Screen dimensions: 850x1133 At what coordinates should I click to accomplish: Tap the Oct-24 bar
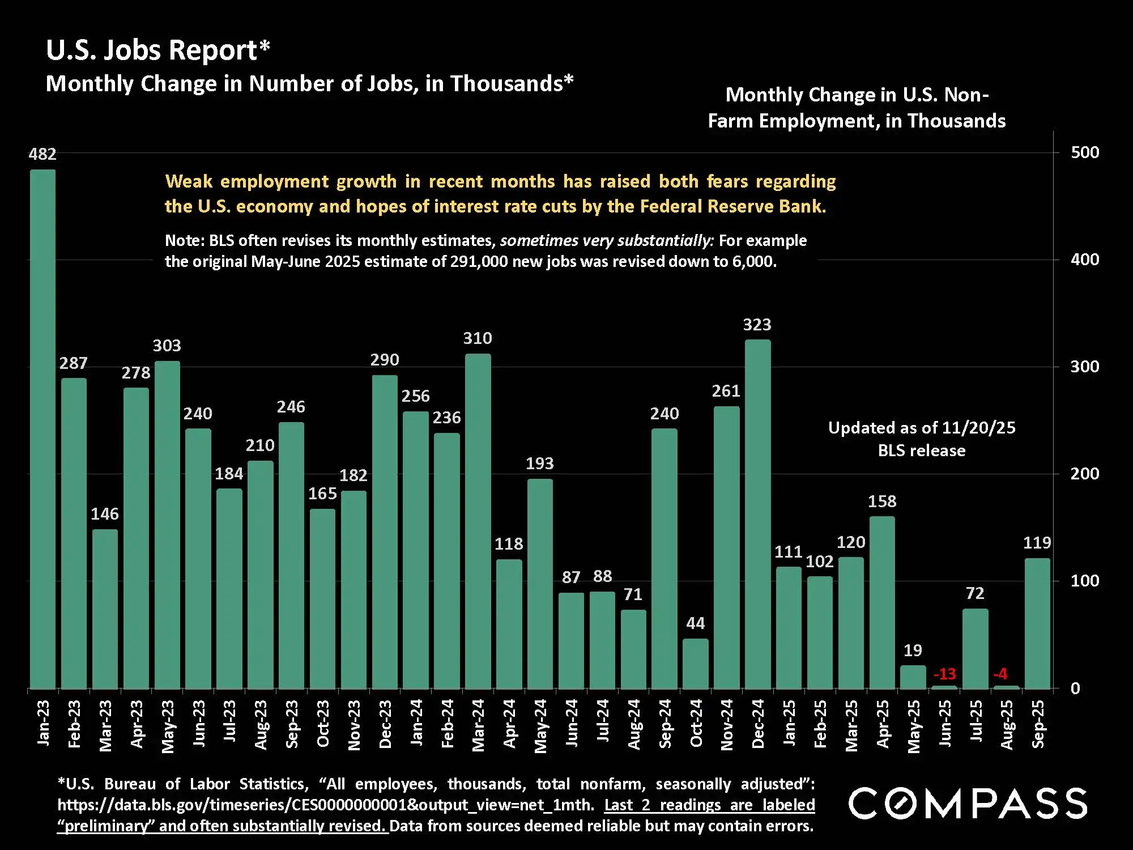point(695,664)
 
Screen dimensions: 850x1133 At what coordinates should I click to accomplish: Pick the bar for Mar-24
point(478,521)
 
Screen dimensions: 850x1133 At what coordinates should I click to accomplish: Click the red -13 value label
point(944,674)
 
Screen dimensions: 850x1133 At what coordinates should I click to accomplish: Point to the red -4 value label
point(1000,674)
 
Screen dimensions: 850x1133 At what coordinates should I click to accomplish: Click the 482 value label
point(42,154)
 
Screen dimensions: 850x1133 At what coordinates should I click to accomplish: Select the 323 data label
point(757,325)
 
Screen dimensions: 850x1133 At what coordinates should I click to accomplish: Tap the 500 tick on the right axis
point(1084,152)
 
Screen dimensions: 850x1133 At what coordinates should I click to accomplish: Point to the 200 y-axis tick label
point(1084,474)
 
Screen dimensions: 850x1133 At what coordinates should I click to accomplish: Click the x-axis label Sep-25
point(1038,724)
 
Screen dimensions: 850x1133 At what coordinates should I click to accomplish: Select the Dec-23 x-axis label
point(385,724)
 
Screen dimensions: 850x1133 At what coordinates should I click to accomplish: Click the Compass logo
point(968,803)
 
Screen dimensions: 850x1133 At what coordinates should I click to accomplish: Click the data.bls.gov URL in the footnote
point(326,805)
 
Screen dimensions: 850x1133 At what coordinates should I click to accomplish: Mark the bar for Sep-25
point(1037,623)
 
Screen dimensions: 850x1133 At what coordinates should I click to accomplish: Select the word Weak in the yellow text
point(189,181)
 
